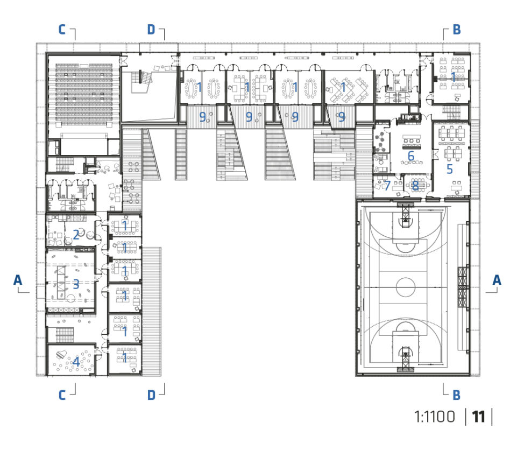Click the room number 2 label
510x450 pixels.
click(x=76, y=234)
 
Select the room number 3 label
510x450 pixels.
click(x=76, y=284)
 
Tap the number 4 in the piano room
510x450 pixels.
click(x=76, y=361)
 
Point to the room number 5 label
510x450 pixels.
click(x=450, y=169)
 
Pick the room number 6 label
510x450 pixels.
click(x=411, y=156)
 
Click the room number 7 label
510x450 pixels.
click(x=387, y=186)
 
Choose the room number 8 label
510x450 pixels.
click(x=415, y=186)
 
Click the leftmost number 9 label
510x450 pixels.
click(x=202, y=117)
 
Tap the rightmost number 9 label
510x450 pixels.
click(x=342, y=117)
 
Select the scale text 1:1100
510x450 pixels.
click(x=435, y=417)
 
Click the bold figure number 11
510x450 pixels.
click(x=478, y=417)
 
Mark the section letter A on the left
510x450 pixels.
click(x=18, y=280)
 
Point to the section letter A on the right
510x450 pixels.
click(x=497, y=280)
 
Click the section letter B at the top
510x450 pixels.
click(x=457, y=30)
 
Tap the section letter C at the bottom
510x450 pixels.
click(x=62, y=395)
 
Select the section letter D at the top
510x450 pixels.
click(x=151, y=30)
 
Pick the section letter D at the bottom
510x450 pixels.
click(x=151, y=395)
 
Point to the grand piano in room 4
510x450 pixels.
click(x=61, y=355)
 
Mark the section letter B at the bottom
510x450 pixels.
click(x=457, y=395)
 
